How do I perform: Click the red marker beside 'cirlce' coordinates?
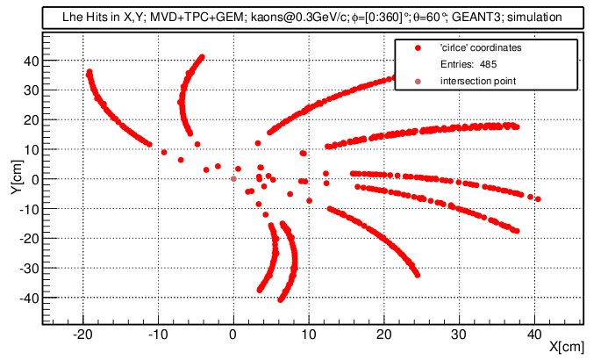click(418, 47)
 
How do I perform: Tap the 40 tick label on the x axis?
click(534, 333)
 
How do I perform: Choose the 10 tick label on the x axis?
click(309, 333)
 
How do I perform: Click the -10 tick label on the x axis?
click(158, 333)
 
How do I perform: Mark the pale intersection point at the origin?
click(233, 179)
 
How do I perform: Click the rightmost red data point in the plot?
click(538, 199)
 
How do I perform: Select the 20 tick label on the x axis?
click(383, 333)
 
